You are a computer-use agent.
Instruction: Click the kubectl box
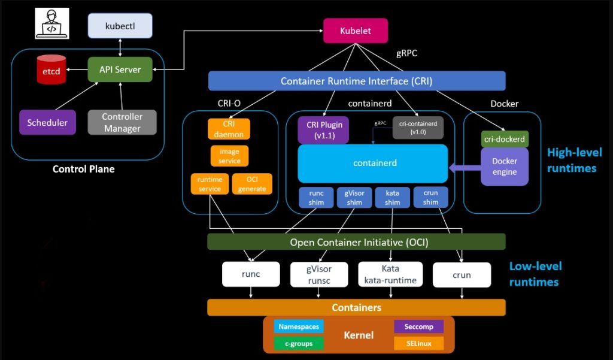point(120,26)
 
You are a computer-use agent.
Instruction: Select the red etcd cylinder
point(50,69)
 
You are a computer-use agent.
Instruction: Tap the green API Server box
point(120,69)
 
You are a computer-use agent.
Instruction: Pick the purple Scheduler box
point(47,122)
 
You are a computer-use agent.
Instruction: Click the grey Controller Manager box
point(122,122)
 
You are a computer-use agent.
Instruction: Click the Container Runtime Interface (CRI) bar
point(356,81)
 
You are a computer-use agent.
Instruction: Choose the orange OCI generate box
point(252,184)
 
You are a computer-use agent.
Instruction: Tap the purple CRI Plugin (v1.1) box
point(323,130)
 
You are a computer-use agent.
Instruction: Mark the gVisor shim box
point(354,197)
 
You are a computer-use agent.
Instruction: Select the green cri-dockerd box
point(505,139)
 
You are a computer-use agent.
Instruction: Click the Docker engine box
point(505,166)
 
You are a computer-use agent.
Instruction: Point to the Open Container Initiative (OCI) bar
point(356,242)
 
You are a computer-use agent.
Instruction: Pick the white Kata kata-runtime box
point(390,274)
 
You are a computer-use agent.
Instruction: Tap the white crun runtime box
point(462,275)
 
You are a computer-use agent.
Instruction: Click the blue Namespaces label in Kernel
point(299,326)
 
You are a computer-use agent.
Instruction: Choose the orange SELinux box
point(419,344)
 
